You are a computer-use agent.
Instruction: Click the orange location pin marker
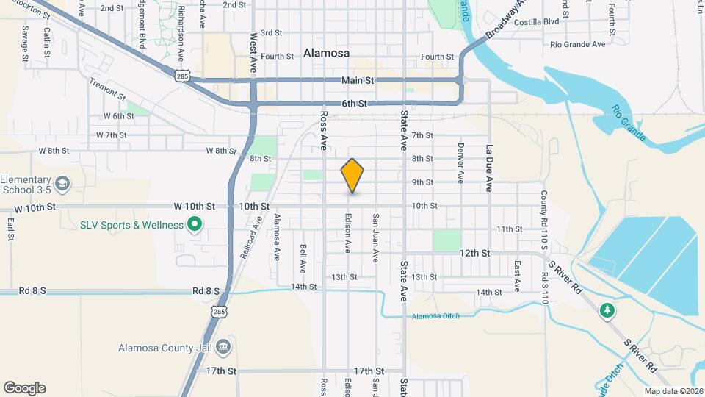(x=352, y=175)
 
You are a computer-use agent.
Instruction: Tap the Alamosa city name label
(x=326, y=53)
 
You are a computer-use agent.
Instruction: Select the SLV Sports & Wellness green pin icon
(x=195, y=224)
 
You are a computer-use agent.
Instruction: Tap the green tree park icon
(x=607, y=310)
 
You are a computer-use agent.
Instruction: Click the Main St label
(x=358, y=80)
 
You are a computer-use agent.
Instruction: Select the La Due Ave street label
(x=488, y=168)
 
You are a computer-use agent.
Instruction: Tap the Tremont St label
(x=107, y=90)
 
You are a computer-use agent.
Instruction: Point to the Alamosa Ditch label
(x=435, y=316)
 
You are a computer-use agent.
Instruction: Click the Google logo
(x=24, y=387)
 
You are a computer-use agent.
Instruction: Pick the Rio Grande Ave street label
(x=578, y=44)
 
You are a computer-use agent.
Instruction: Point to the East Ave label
(x=517, y=273)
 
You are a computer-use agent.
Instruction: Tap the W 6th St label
(x=119, y=116)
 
